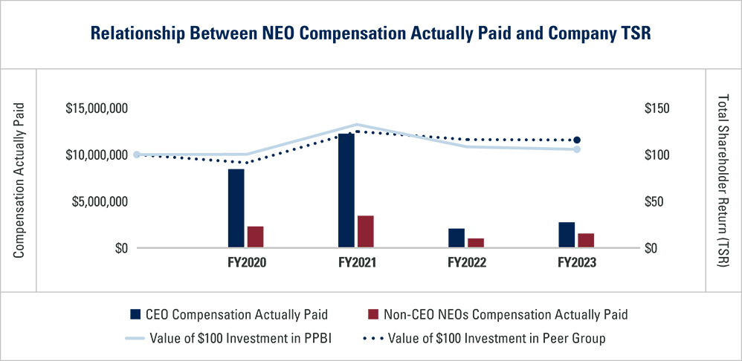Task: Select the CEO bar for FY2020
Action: pyautogui.click(x=236, y=209)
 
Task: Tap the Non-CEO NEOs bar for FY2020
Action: pyautogui.click(x=255, y=237)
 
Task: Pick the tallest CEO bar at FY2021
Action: pyautogui.click(x=346, y=190)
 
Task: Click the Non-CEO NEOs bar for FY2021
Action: pyautogui.click(x=365, y=232)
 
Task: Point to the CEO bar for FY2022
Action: pyautogui.click(x=456, y=238)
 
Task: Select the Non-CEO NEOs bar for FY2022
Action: pyautogui.click(x=475, y=243)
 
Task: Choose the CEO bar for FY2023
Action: pyautogui.click(x=567, y=235)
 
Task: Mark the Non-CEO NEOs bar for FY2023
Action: pyautogui.click(x=586, y=241)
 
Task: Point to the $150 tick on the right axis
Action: pyautogui.click(x=656, y=108)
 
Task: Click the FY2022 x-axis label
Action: pyautogui.click(x=466, y=263)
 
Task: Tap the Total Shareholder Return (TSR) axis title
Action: pyautogui.click(x=724, y=180)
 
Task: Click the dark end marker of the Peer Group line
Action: pyautogui.click(x=576, y=140)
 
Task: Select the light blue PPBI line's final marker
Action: pyautogui.click(x=576, y=149)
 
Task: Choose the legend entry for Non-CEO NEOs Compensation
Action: pyautogui.click(x=498, y=314)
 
